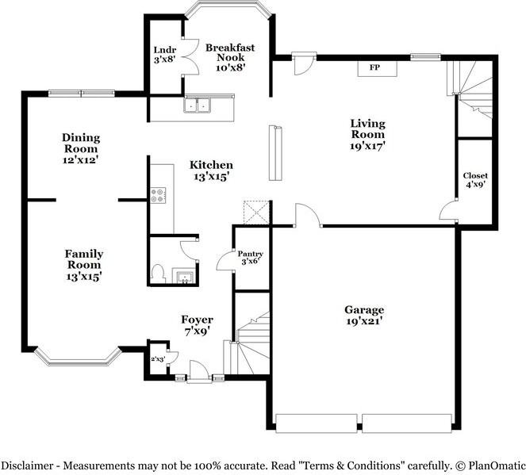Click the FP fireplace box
[378, 69]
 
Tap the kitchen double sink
[197, 105]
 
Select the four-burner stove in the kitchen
[158, 195]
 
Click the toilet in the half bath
[158, 274]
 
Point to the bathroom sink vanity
[183, 276]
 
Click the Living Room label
[367, 128]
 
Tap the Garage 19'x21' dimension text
[365, 321]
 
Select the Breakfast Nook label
[230, 52]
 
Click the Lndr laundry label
[165, 50]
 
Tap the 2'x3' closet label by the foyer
[158, 359]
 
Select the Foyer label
[198, 320]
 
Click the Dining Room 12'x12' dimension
[80, 160]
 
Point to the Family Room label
[84, 259]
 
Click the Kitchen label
[211, 165]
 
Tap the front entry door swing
[199, 370]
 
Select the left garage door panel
[316, 423]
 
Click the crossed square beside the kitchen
[256, 213]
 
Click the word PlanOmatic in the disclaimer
[497, 465]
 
